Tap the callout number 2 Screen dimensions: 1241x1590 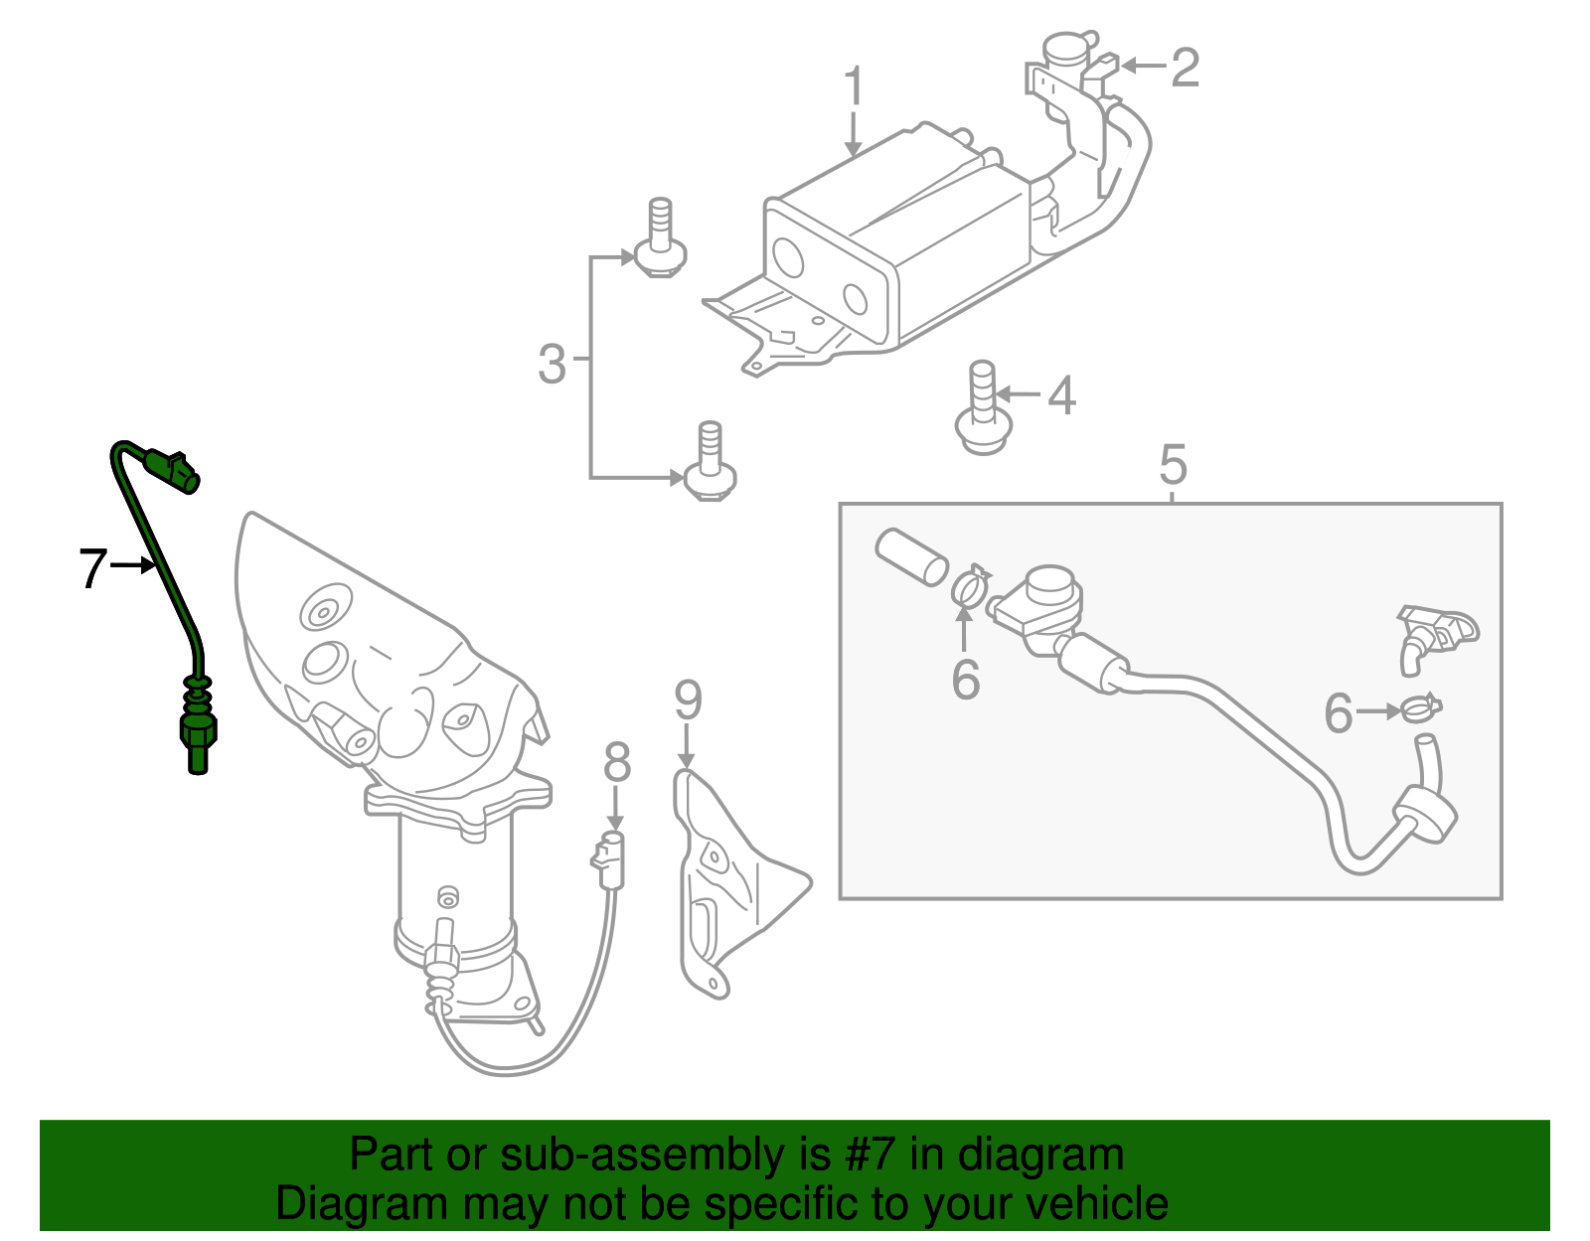pyautogui.click(x=1185, y=68)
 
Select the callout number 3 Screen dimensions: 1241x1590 pyautogui.click(x=552, y=364)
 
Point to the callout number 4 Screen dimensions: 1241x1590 pyautogui.click(x=1061, y=395)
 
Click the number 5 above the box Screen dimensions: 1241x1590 pyautogui.click(x=1173, y=465)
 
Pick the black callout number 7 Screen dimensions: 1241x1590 pyautogui.click(x=92, y=568)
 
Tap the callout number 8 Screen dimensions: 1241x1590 pyautogui.click(x=617, y=763)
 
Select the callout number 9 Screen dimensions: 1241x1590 pyautogui.click(x=688, y=700)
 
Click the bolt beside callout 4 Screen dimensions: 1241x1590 pyautogui.click(x=983, y=411)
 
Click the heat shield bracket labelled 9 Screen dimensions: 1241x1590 pyautogui.click(x=730, y=884)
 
